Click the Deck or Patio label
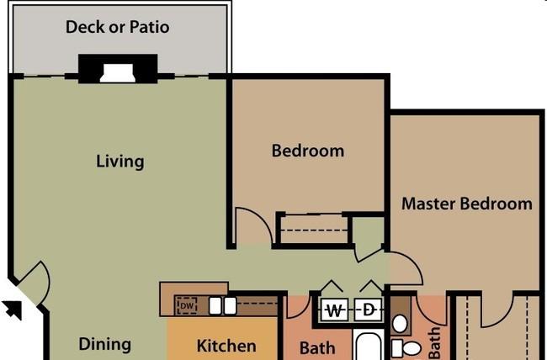[x=118, y=27]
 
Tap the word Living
[x=120, y=161]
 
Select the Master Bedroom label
[x=467, y=204]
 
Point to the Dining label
[x=105, y=344]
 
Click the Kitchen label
[x=226, y=346]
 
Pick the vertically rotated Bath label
[x=434, y=342]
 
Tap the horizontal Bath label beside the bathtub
[x=317, y=347]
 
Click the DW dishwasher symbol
[x=187, y=306]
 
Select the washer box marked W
[x=334, y=310]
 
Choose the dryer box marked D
[x=368, y=310]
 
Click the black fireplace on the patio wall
[x=118, y=69]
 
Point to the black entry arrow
[x=13, y=309]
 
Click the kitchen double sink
[x=223, y=305]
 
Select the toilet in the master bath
[x=406, y=348]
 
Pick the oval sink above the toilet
[x=400, y=323]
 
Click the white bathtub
[x=368, y=346]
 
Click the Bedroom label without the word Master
[x=308, y=151]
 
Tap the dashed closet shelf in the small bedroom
[x=314, y=230]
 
